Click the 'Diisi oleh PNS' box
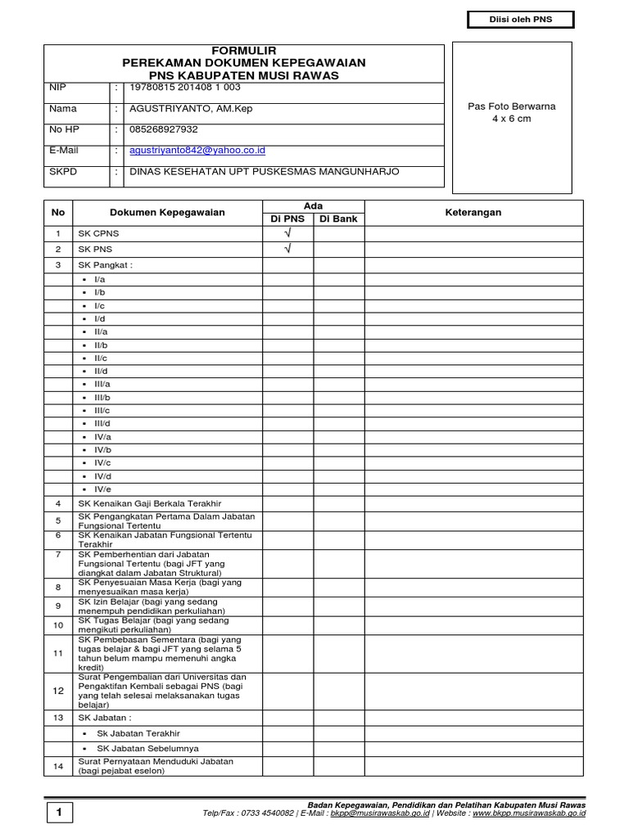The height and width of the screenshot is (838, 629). click(521, 20)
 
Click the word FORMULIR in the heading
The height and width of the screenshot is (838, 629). click(244, 52)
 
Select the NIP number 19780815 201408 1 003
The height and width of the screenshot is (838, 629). click(185, 87)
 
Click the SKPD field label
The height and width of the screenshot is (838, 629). click(63, 172)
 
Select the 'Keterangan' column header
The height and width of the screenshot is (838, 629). click(473, 213)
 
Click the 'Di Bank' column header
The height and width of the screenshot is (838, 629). click(338, 219)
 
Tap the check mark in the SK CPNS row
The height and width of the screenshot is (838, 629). click(287, 234)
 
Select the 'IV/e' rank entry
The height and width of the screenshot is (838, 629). click(102, 489)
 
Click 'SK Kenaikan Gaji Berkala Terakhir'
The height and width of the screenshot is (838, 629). click(150, 503)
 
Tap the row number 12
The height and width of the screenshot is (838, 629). click(58, 692)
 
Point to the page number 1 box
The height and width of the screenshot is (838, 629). click(59, 812)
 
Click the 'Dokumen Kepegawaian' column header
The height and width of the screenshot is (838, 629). click(167, 213)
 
